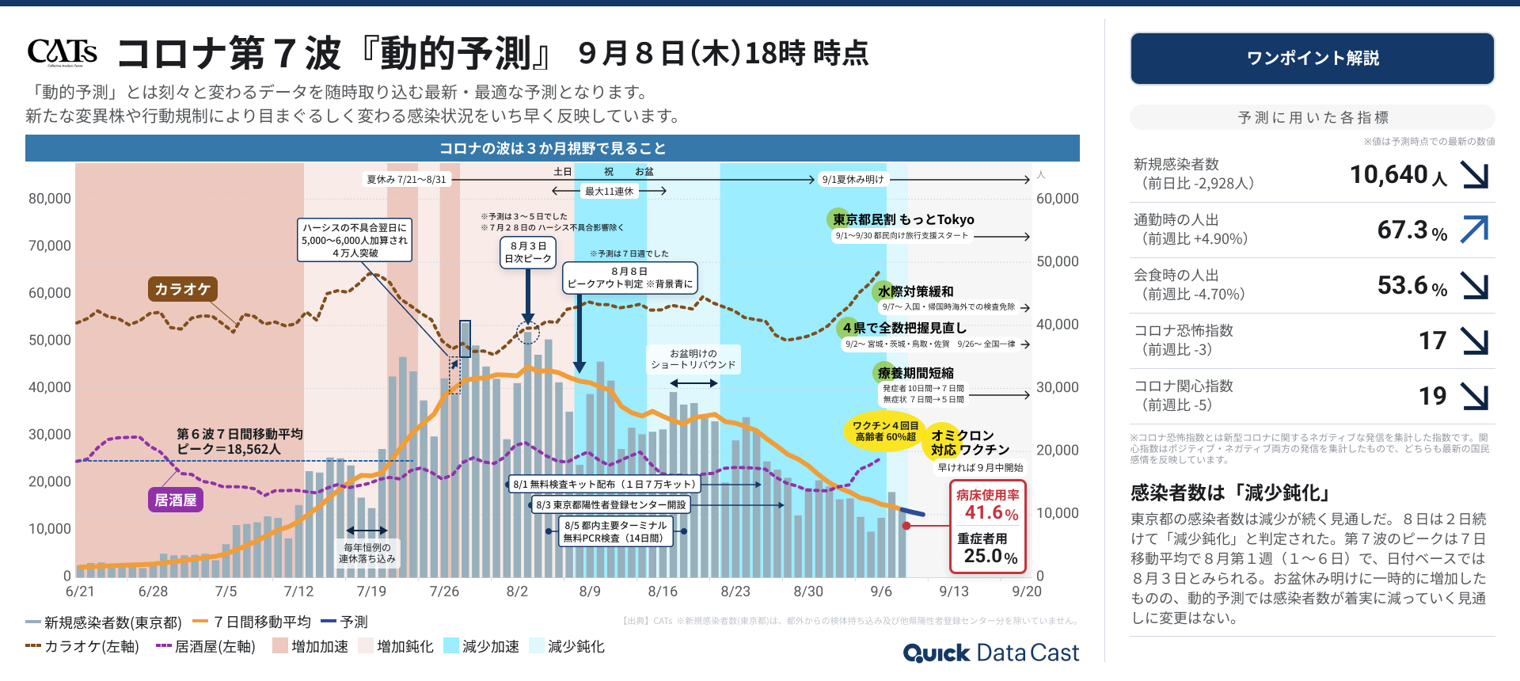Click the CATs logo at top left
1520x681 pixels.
pyautogui.click(x=62, y=52)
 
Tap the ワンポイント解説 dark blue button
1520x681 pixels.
pyautogui.click(x=1312, y=58)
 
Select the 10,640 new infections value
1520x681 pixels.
pyautogui.click(x=1389, y=174)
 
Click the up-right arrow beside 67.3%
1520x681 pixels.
pyautogui.click(x=1474, y=230)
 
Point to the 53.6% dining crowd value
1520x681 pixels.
pyautogui.click(x=1403, y=285)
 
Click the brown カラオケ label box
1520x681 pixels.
pyautogui.click(x=182, y=289)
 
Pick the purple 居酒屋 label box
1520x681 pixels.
pyautogui.click(x=175, y=500)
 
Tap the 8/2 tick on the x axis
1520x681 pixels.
pyautogui.click(x=517, y=592)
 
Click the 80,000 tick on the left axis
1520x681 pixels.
pyautogui.click(x=50, y=199)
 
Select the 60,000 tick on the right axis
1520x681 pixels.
pyautogui.click(x=1057, y=199)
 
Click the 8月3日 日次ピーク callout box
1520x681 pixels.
pyautogui.click(x=528, y=253)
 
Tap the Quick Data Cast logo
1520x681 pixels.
pyautogui.click(x=990, y=652)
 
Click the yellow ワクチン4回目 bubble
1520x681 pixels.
pyautogui.click(x=885, y=432)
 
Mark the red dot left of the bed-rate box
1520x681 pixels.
pyautogui.click(x=906, y=526)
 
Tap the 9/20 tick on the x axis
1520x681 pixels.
pyautogui.click(x=1027, y=592)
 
